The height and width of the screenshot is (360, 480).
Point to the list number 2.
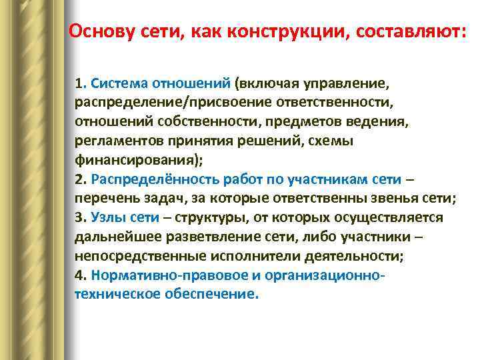coord(79,179)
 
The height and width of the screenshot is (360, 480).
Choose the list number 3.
coord(79,217)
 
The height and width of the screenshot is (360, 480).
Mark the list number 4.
coord(79,275)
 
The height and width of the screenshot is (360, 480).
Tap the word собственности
coord(204,123)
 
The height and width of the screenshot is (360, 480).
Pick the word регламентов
coord(115,141)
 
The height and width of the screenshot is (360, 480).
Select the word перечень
coord(104,199)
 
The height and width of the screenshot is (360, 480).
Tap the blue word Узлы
coord(108,217)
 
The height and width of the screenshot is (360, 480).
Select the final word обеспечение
coord(213,293)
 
